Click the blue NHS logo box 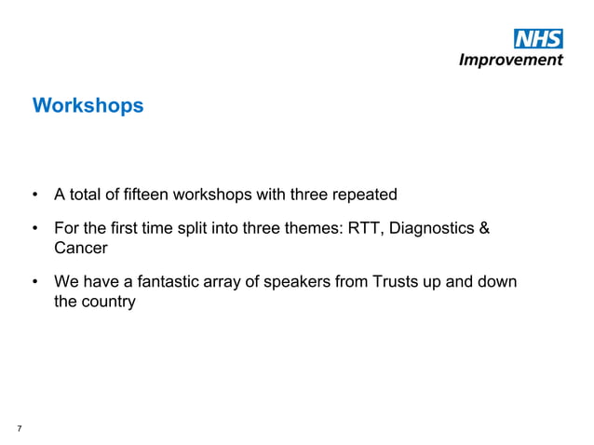538,39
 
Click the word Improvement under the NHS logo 511,60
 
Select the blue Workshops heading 88,106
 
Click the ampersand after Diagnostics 483,230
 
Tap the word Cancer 80,249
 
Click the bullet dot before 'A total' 34,196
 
